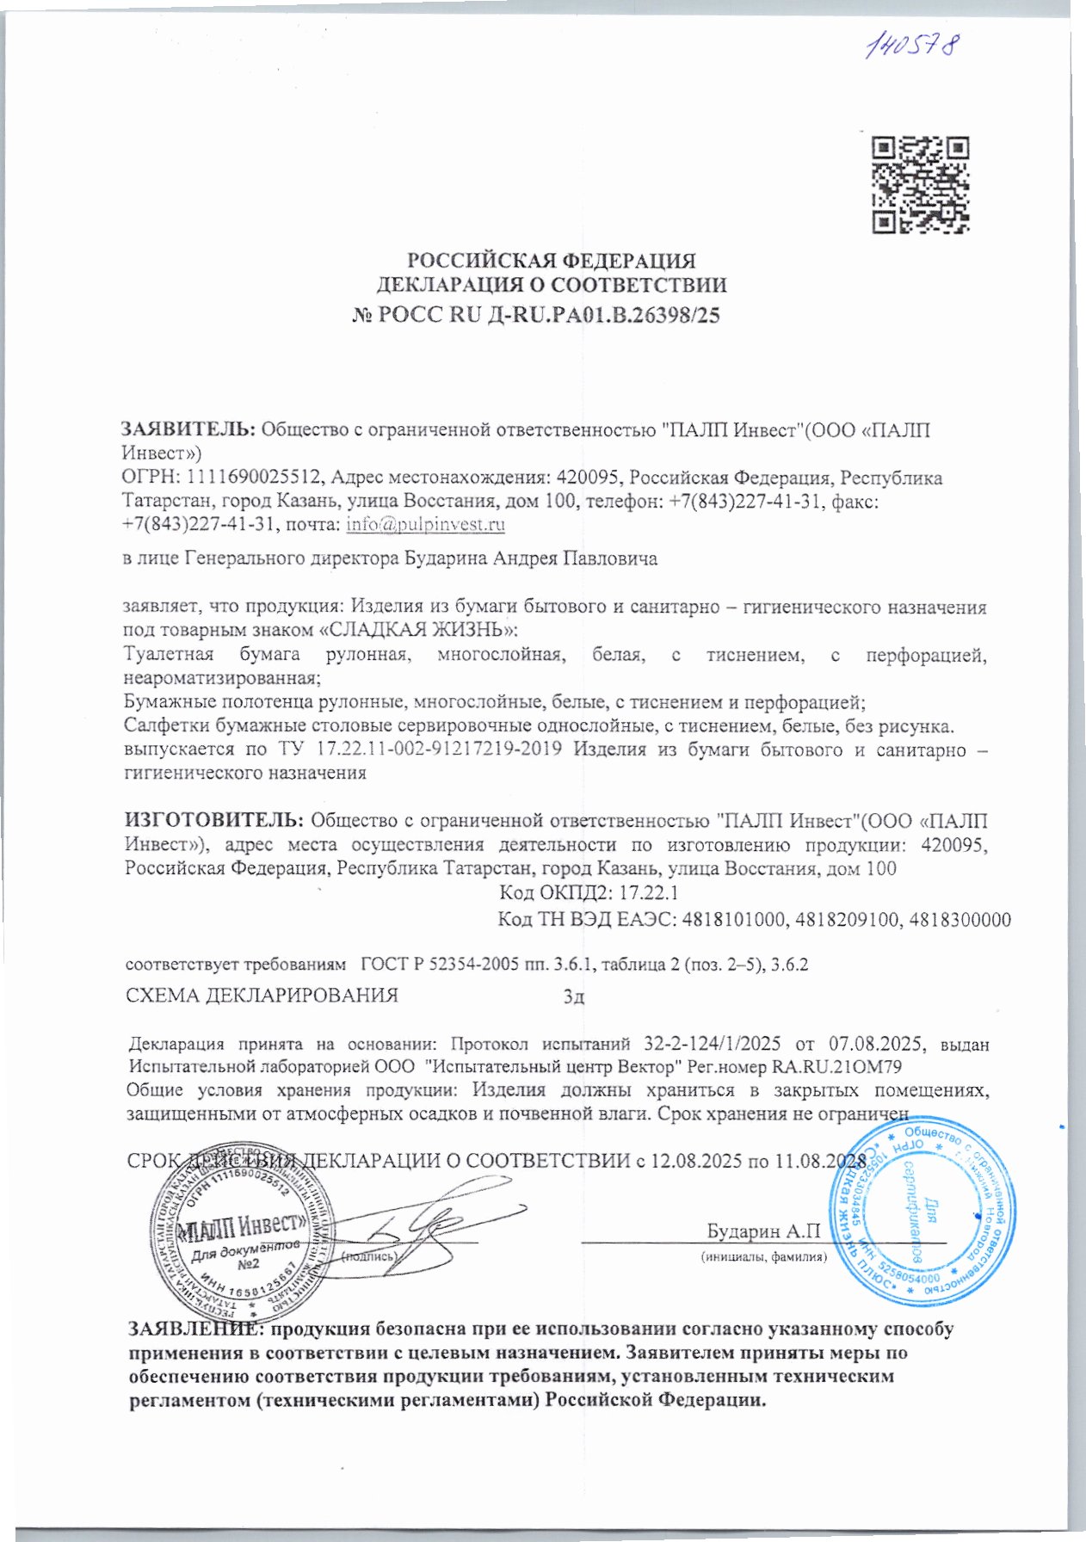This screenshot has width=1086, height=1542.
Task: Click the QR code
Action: [920, 185]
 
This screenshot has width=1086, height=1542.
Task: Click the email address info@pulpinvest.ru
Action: [425, 524]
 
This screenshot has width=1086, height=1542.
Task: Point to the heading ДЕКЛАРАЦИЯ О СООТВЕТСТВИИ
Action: [552, 285]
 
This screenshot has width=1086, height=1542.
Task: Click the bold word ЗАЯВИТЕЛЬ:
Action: [188, 429]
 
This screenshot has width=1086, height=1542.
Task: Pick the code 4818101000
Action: [733, 920]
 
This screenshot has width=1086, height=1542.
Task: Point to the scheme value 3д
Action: [573, 996]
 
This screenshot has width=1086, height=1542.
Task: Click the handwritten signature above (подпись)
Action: [422, 1220]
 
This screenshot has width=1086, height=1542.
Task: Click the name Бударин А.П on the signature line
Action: [762, 1231]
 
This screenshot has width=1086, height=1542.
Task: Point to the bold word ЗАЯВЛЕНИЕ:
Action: [196, 1329]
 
